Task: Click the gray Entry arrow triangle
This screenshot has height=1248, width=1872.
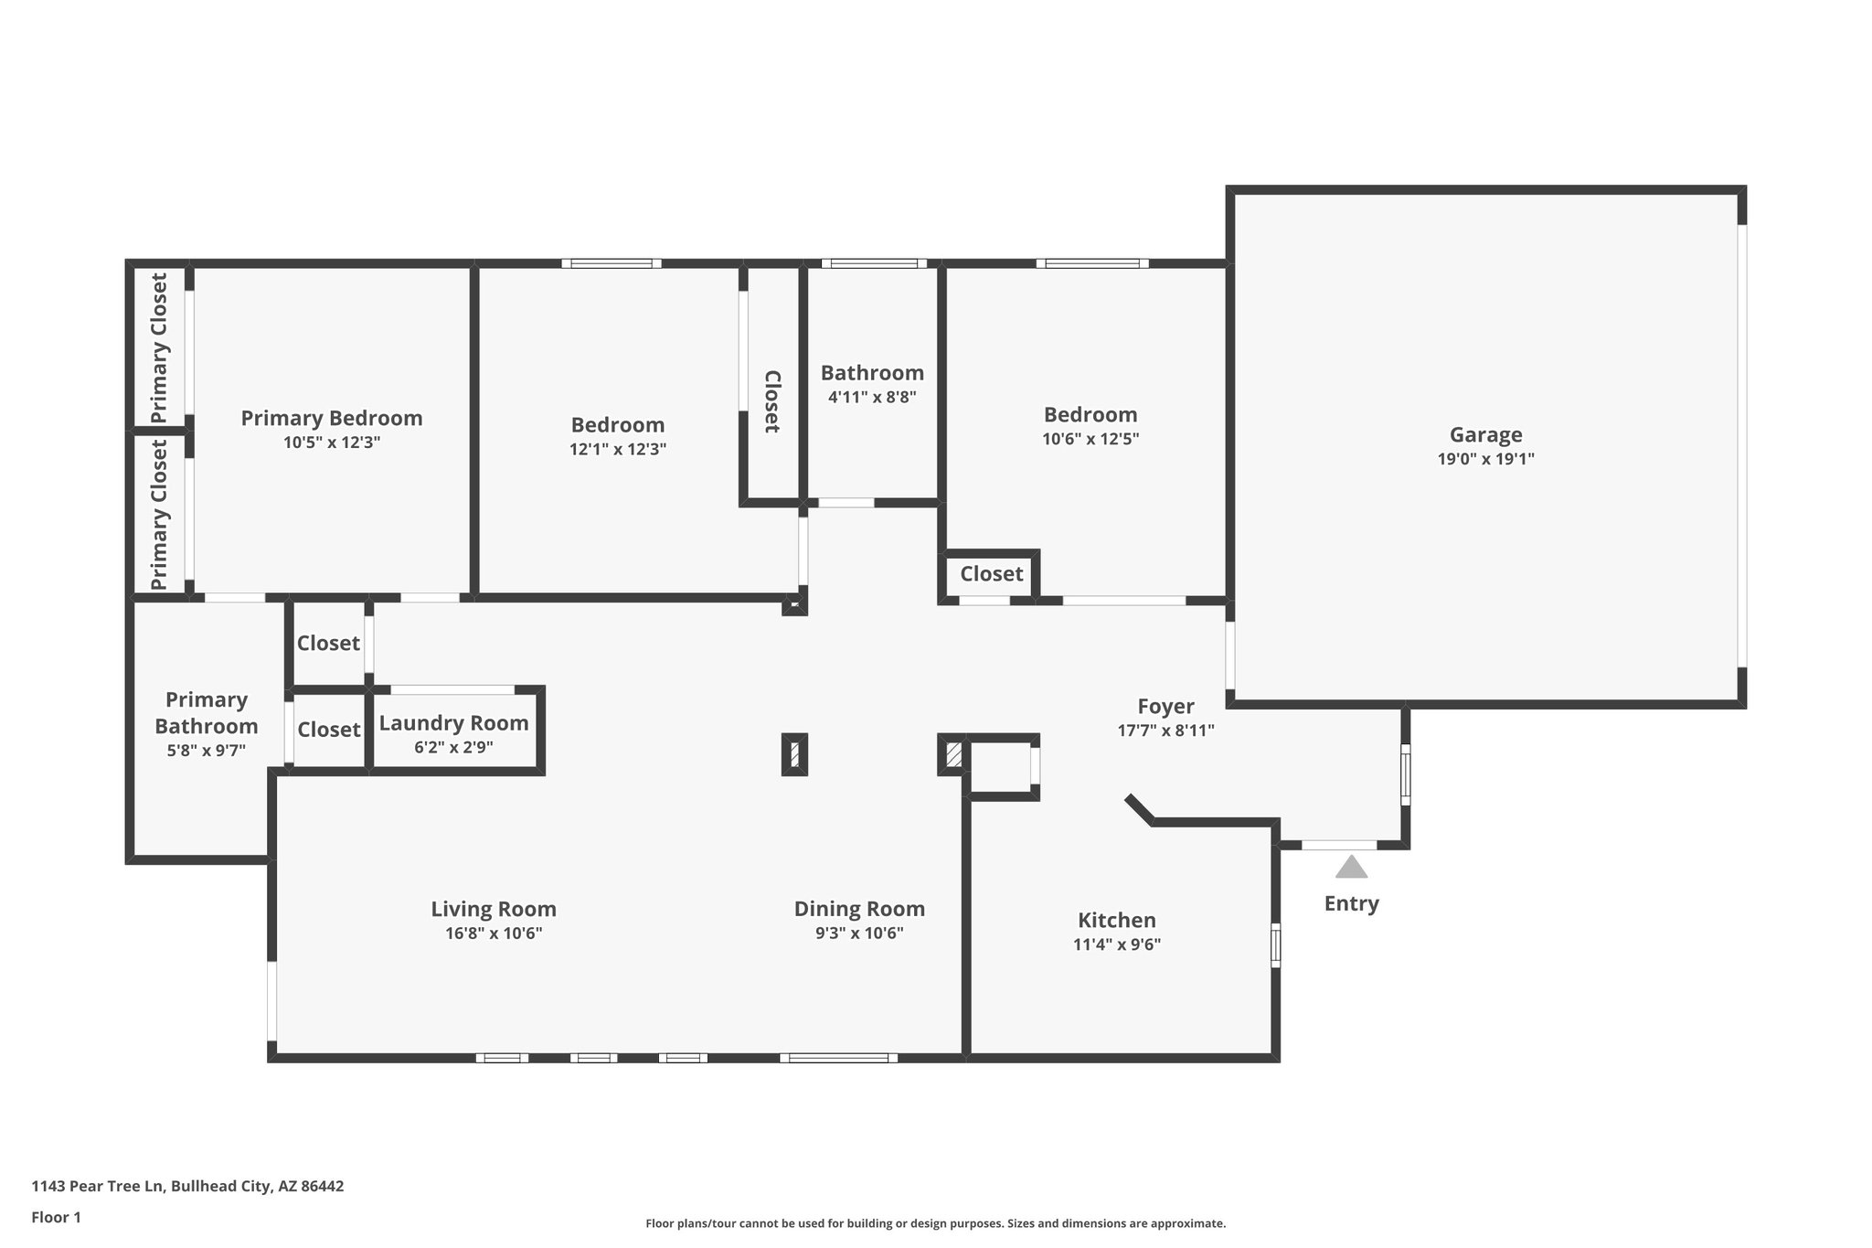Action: click(1351, 867)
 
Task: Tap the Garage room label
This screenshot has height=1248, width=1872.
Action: click(1485, 435)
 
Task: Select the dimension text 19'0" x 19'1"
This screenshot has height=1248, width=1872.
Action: click(1485, 459)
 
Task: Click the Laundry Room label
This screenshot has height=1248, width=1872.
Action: click(453, 723)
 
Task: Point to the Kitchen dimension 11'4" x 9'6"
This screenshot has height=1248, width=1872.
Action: click(1116, 944)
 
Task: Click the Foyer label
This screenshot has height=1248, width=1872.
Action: click(1165, 707)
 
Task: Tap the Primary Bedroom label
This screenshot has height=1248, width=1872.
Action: click(331, 419)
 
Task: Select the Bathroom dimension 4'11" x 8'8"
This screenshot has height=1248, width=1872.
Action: click(872, 397)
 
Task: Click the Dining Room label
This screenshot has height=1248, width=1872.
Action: click(859, 909)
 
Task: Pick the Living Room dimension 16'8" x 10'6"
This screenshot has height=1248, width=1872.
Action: click(494, 933)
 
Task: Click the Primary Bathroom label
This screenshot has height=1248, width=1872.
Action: click(207, 713)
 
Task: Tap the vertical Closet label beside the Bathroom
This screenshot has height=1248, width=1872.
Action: click(772, 401)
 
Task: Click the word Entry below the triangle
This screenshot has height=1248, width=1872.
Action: click(1351, 903)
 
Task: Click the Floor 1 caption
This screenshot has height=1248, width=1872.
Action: click(56, 1217)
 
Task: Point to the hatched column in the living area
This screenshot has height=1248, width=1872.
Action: click(794, 755)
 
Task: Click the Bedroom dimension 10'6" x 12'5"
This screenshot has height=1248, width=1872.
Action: click(1090, 439)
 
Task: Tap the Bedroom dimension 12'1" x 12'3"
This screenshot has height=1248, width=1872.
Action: click(618, 449)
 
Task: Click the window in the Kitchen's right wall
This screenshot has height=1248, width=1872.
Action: click(1276, 944)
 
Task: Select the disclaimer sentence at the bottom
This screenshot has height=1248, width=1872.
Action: click(935, 1223)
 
